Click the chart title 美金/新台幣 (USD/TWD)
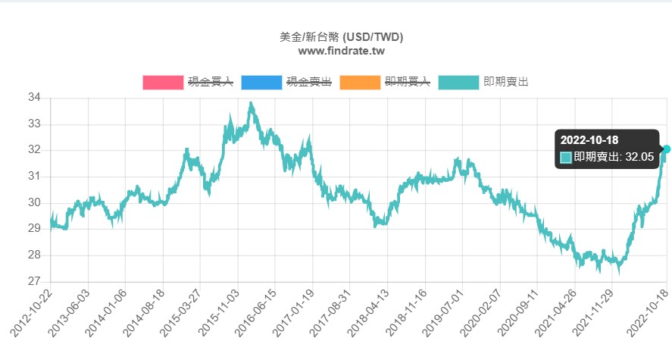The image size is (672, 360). (341, 36)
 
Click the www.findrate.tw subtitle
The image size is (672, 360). (341, 51)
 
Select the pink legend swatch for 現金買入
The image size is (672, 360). (163, 83)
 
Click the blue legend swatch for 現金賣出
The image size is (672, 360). (261, 83)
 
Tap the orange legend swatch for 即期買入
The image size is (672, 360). (360, 83)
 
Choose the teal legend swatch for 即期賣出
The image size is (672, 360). (458, 83)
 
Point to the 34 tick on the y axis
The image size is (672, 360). (34, 98)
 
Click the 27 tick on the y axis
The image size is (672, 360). (34, 282)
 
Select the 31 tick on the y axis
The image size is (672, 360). (34, 177)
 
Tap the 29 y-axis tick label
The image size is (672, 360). (34, 229)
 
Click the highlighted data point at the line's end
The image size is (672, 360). (667, 149)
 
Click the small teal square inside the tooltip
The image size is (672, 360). (566, 157)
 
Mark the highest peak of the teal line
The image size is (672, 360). (251, 104)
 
